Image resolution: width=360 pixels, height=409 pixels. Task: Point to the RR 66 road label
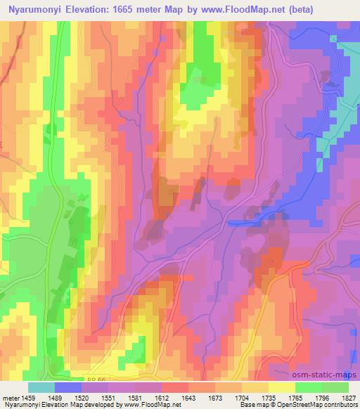pyautogui.click(x=97, y=379)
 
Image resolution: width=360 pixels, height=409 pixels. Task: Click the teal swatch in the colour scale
pyautogui.click(x=41, y=387)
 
